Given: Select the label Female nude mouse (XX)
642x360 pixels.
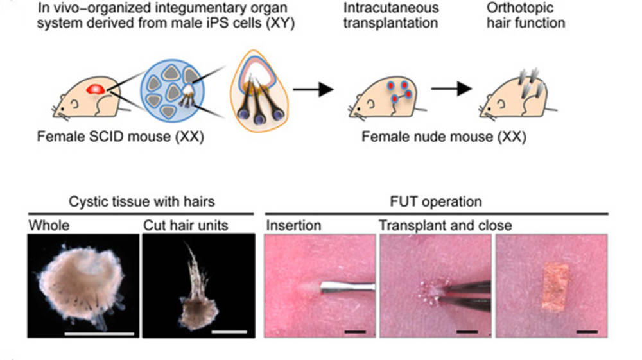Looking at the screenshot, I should click(444, 137).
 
